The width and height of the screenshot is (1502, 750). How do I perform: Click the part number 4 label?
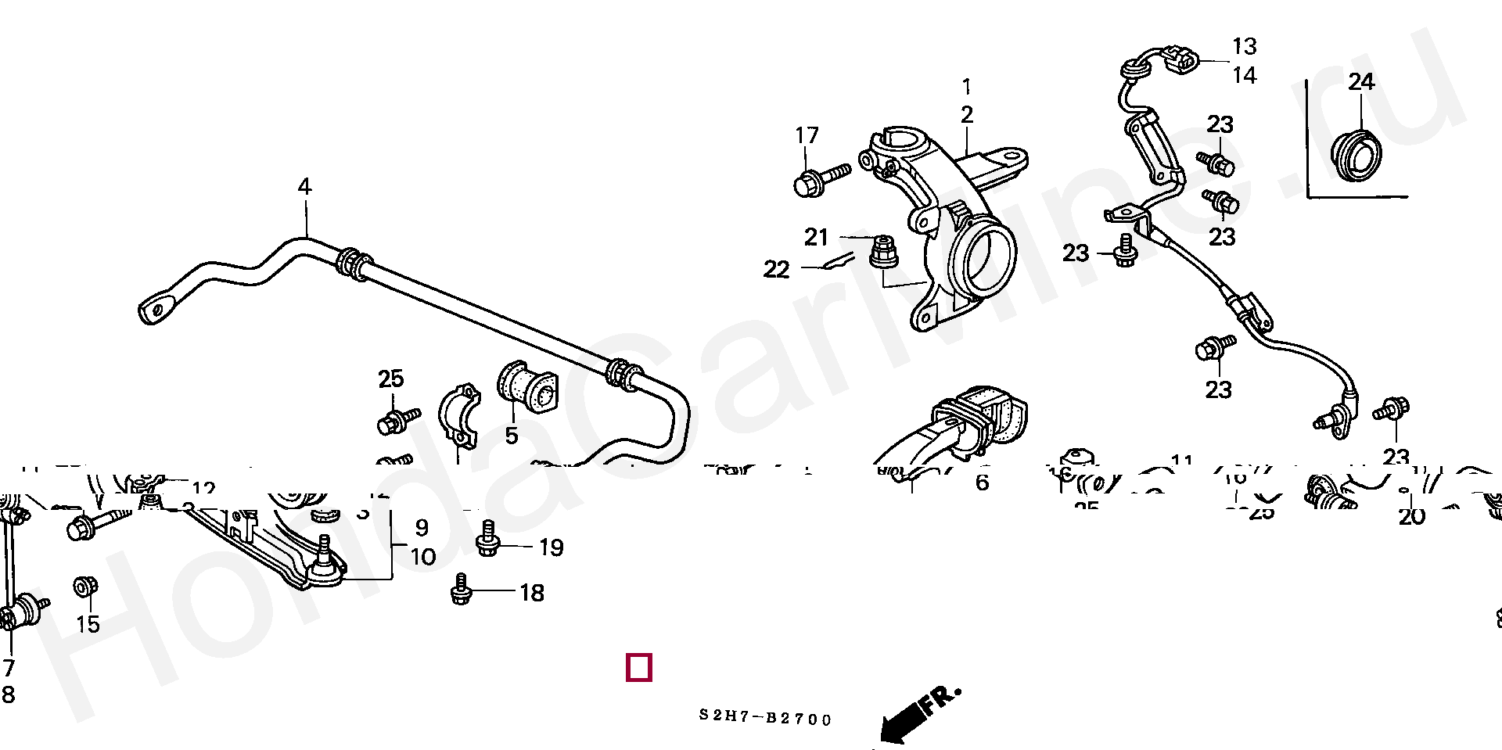(304, 187)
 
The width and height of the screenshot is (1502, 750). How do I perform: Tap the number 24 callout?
(1360, 81)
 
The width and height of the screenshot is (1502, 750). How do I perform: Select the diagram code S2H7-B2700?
(765, 719)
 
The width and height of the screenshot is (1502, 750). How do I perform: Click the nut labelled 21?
(883, 252)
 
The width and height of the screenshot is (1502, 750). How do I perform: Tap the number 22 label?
(776, 270)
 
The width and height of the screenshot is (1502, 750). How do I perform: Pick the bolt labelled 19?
(487, 539)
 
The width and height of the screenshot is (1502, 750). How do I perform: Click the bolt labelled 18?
(462, 590)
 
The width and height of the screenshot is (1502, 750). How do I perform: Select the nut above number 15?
(84, 587)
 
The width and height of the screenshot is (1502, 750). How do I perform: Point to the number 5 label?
(511, 436)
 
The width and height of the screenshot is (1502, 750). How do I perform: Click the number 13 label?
(1244, 46)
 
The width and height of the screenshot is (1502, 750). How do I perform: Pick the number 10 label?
(422, 557)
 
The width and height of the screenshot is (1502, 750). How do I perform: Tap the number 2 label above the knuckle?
(967, 115)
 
